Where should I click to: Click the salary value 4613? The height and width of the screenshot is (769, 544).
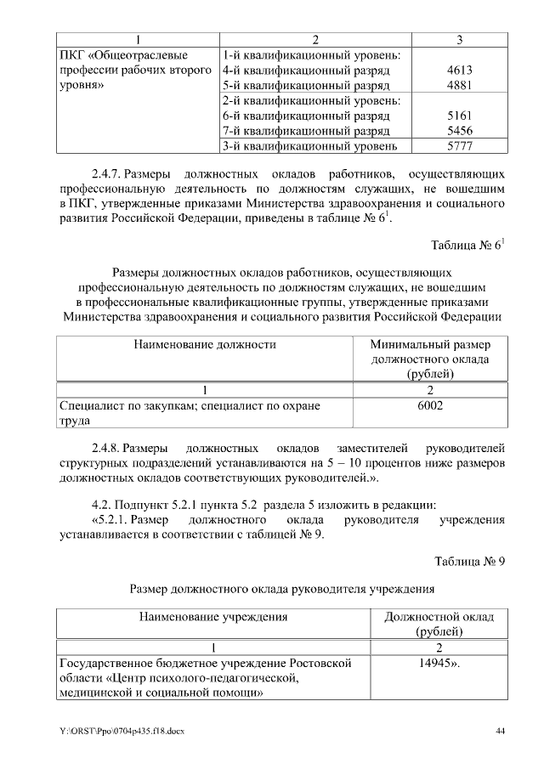click(459, 71)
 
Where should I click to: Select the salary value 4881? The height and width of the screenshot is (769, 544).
click(459, 86)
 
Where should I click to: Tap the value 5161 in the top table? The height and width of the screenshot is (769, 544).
click(459, 116)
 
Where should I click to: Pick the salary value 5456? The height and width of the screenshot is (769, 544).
click(459, 131)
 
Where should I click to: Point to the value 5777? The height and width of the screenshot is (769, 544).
click(459, 146)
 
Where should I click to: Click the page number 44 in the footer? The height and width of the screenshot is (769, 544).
click(501, 732)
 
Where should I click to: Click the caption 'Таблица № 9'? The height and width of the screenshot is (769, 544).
click(470, 561)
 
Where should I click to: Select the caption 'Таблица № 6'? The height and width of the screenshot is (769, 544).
click(468, 246)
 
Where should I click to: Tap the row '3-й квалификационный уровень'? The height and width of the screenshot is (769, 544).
click(309, 146)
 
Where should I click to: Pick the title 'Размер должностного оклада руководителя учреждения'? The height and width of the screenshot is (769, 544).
click(282, 587)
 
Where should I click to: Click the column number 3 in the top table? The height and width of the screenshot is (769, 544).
click(459, 39)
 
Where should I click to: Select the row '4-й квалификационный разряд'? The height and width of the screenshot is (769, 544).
click(305, 71)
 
